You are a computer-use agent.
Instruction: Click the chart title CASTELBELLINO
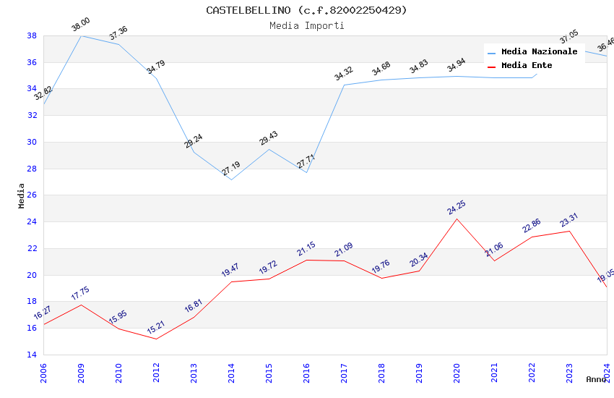[306, 10]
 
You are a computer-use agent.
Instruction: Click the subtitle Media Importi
[306, 25]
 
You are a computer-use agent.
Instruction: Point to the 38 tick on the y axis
[32, 35]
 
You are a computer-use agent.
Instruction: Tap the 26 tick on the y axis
[32, 195]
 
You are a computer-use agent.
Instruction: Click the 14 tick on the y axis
[32, 355]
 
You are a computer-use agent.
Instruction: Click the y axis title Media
[22, 195]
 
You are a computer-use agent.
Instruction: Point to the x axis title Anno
[596, 379]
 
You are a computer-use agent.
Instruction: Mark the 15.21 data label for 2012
[156, 328]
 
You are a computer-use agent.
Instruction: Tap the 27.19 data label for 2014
[231, 169]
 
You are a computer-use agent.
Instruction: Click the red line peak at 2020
[457, 219]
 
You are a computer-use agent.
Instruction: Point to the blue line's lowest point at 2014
[231, 179]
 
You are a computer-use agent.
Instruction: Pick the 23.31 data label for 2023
[569, 220]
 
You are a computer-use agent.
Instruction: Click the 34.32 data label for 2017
[344, 74]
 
